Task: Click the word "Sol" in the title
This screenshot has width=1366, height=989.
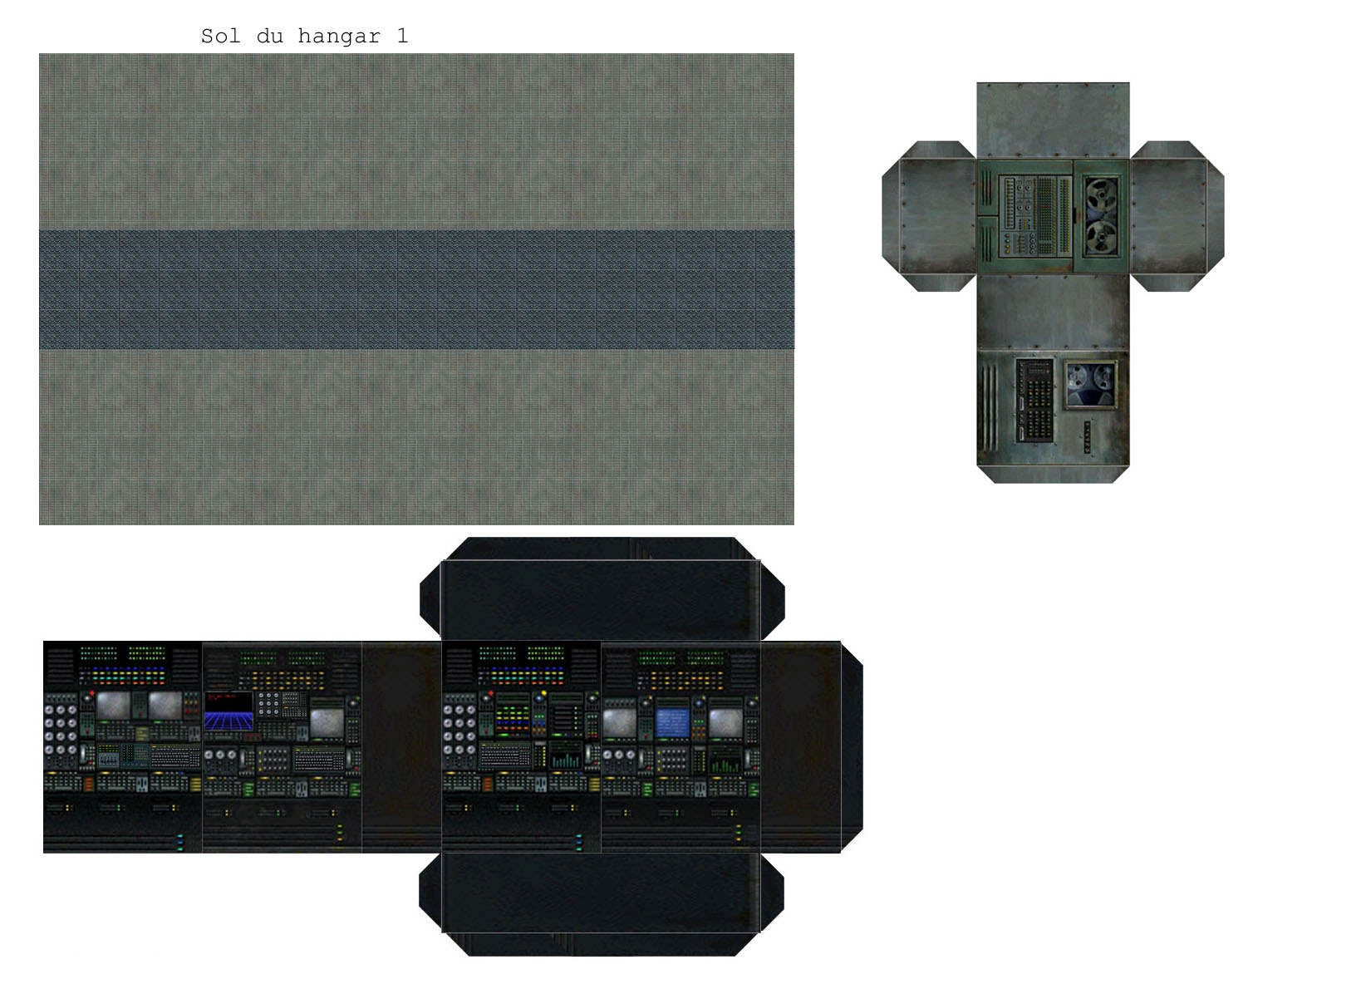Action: [220, 37]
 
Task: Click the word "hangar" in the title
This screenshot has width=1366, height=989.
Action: [338, 37]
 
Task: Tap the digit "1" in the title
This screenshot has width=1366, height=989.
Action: [402, 36]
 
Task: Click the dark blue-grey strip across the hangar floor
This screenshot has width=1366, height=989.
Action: [416, 289]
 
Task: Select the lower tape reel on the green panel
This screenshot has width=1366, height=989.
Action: [1101, 237]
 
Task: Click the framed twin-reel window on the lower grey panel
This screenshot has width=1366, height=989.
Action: [1091, 384]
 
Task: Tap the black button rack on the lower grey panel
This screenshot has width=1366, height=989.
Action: [1034, 400]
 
